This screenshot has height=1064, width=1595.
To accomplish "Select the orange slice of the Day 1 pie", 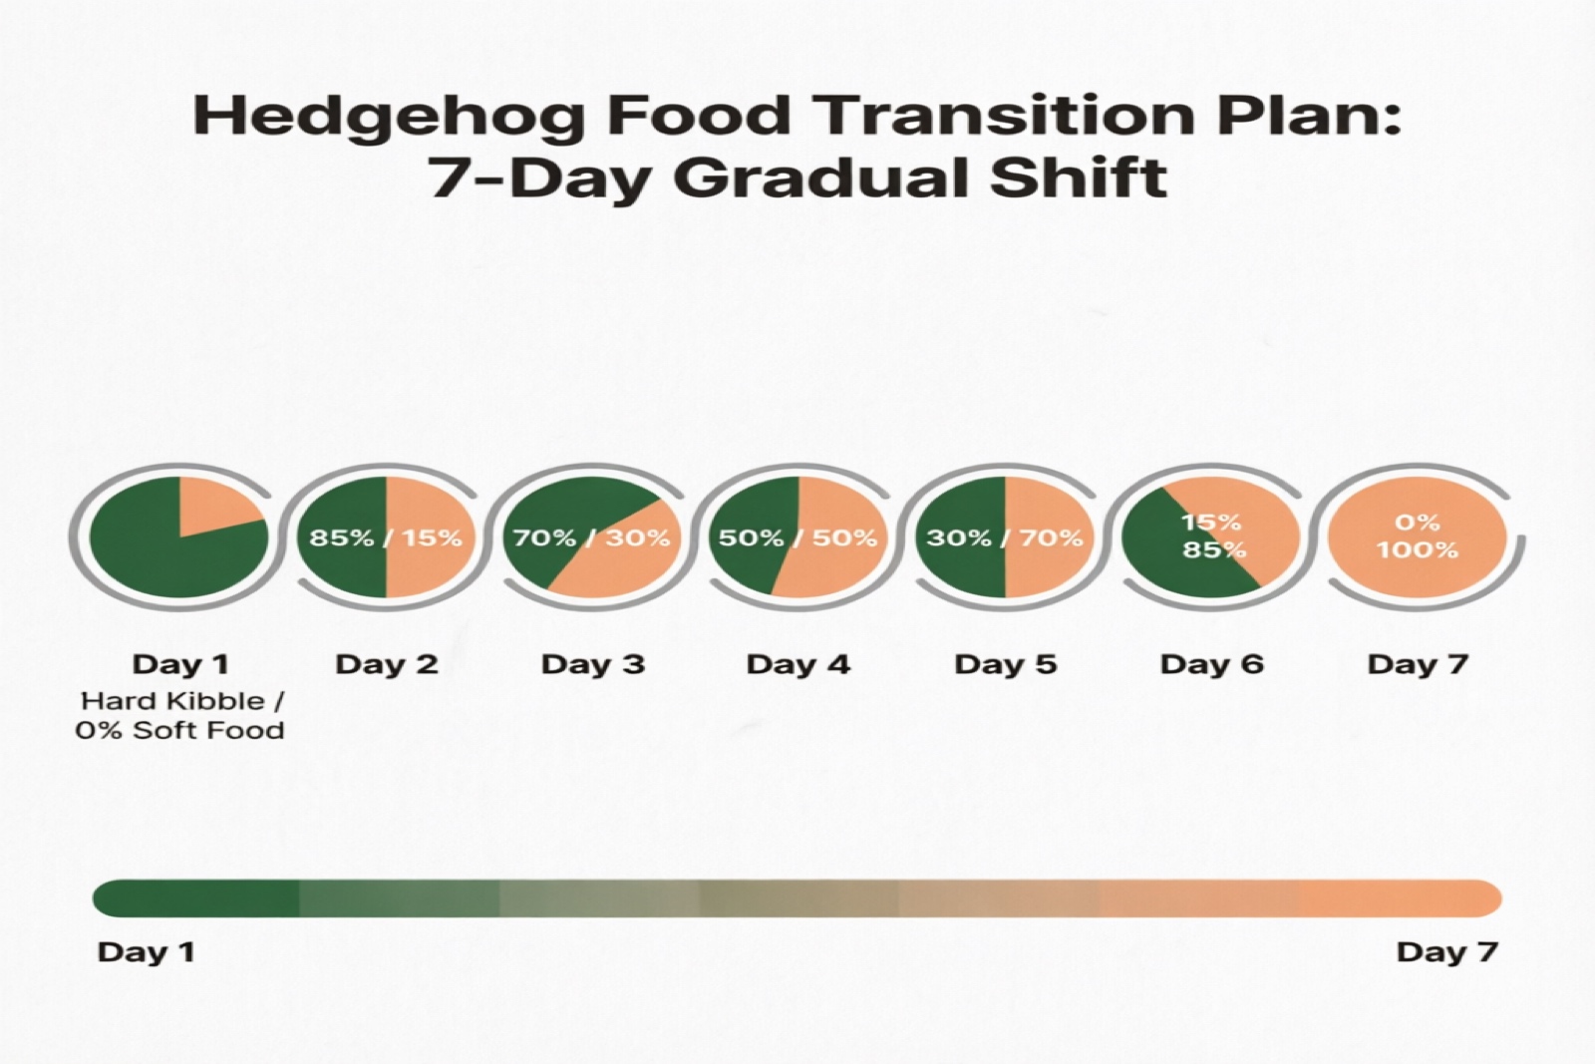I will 217,504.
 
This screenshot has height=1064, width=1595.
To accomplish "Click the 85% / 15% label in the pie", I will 386,538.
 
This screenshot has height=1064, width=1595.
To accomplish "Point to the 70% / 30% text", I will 591,538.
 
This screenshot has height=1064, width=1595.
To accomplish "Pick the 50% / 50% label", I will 797,538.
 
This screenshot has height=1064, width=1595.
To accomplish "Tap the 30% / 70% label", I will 1004,538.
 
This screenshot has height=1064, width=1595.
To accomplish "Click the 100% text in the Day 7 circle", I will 1417,550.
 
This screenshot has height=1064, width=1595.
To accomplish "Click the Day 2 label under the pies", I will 386,664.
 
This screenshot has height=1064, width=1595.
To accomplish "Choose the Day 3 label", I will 592,664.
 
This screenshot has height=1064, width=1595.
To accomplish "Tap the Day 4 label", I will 797,664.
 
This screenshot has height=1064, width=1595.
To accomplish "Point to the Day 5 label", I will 1005,664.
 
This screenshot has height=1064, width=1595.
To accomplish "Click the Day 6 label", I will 1211,664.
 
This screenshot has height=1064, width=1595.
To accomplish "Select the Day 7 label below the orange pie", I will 1417,664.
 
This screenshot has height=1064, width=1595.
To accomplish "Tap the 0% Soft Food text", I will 179,730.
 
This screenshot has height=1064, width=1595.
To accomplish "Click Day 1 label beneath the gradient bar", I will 146,951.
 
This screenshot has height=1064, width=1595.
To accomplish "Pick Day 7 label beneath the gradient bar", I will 1446,951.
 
